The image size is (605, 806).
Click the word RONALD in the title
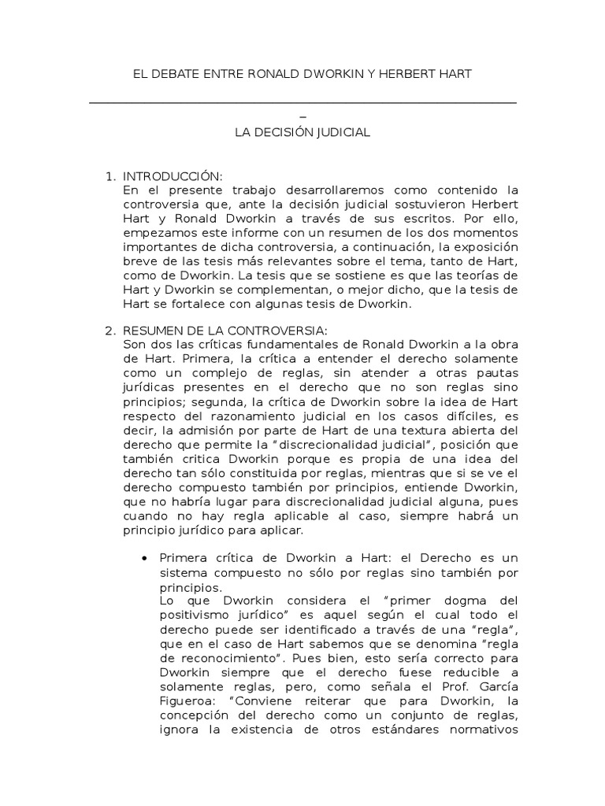coord(265,74)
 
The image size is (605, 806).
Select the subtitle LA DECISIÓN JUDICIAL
coord(302,133)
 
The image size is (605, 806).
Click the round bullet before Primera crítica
coord(143,558)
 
